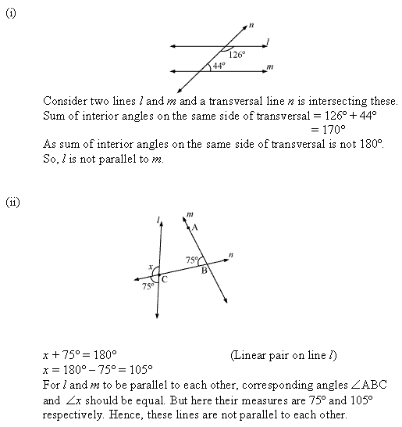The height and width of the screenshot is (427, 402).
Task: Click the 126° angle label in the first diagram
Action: pyautogui.click(x=237, y=55)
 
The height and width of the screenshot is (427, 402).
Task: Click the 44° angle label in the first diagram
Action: pyautogui.click(x=219, y=66)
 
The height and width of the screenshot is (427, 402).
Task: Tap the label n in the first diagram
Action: pyautogui.click(x=251, y=25)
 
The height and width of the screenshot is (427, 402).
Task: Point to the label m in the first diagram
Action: pyautogui.click(x=269, y=68)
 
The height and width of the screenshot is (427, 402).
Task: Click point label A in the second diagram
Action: pyautogui.click(x=194, y=227)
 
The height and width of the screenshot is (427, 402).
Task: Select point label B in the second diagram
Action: pyautogui.click(x=204, y=271)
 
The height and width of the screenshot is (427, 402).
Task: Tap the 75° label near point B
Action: pyautogui.click(x=191, y=260)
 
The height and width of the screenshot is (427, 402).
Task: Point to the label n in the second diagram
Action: pyautogui.click(x=232, y=253)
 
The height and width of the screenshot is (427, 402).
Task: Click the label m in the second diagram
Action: pyautogui.click(x=190, y=213)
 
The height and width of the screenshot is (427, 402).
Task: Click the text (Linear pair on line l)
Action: pyautogui.click(x=284, y=355)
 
